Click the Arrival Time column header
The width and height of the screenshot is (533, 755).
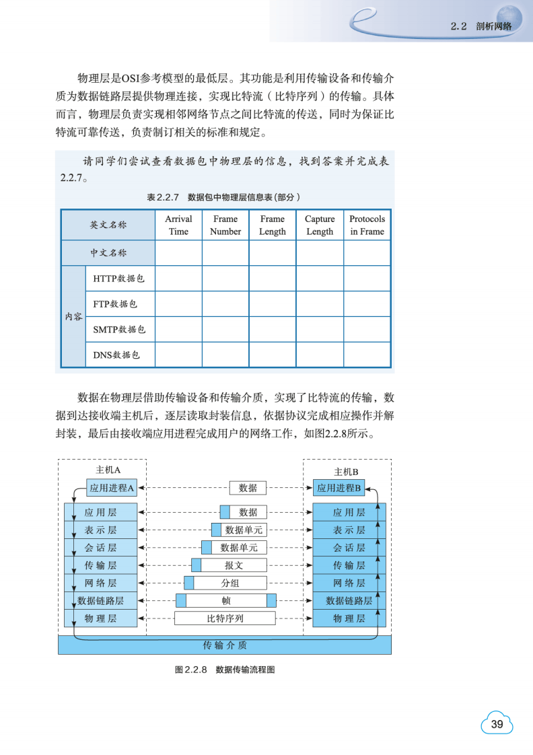tap(178, 225)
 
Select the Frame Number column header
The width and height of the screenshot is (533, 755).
tap(225, 225)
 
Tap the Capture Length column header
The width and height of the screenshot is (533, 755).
tap(320, 225)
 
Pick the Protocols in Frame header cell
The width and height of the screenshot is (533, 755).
tap(367, 225)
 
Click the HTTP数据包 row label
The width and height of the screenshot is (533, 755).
tap(119, 278)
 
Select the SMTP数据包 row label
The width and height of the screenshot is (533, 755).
tap(119, 329)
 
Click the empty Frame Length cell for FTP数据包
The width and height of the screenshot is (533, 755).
tap(273, 303)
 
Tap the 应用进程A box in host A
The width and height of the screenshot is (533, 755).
tap(112, 488)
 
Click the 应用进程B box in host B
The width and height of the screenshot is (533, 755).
tap(340, 488)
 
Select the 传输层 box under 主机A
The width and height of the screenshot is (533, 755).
tap(101, 565)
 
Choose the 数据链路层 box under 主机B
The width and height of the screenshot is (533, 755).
tap(349, 600)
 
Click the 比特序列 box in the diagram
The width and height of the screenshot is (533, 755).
tap(225, 618)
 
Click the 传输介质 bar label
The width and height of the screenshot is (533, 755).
tap(225, 645)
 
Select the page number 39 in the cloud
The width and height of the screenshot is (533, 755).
tap(497, 724)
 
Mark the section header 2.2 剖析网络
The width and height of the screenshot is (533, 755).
tap(481, 26)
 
